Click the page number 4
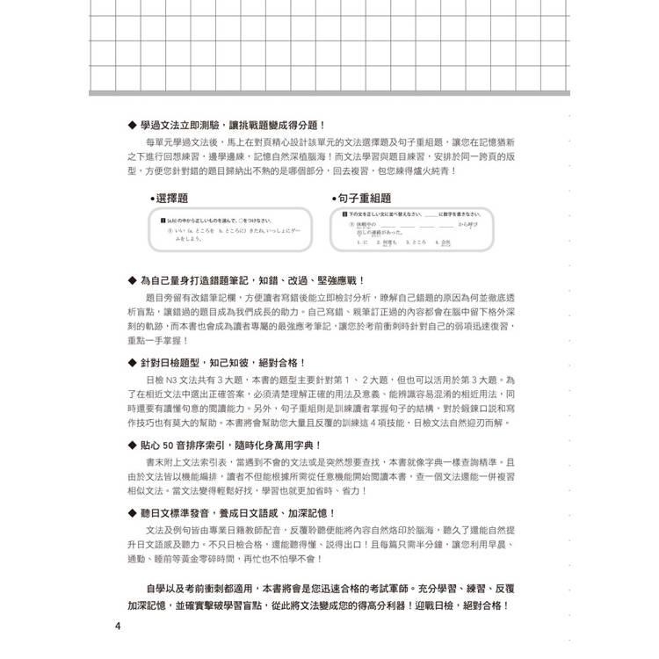[x=118, y=626]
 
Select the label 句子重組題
[x=366, y=199]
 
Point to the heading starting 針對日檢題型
[x=222, y=362]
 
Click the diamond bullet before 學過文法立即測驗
[x=132, y=126]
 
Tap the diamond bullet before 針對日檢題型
[x=132, y=362]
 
